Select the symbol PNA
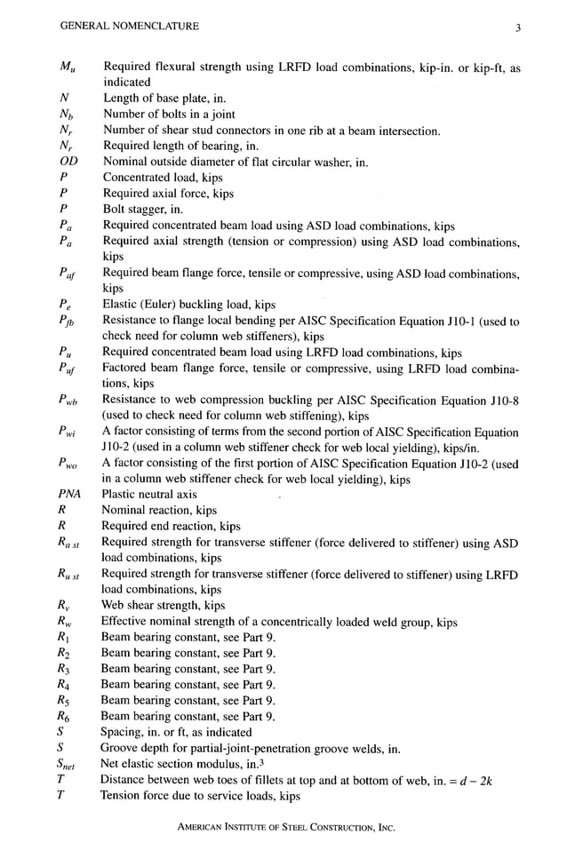click(x=71, y=494)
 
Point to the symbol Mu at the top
click(x=67, y=68)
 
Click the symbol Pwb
click(x=68, y=401)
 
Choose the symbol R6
click(x=63, y=717)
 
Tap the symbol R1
click(x=63, y=637)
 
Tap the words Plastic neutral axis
click(x=149, y=494)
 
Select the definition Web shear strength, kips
click(x=163, y=606)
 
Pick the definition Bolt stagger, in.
click(x=143, y=210)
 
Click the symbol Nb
click(x=66, y=115)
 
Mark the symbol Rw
click(x=65, y=623)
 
